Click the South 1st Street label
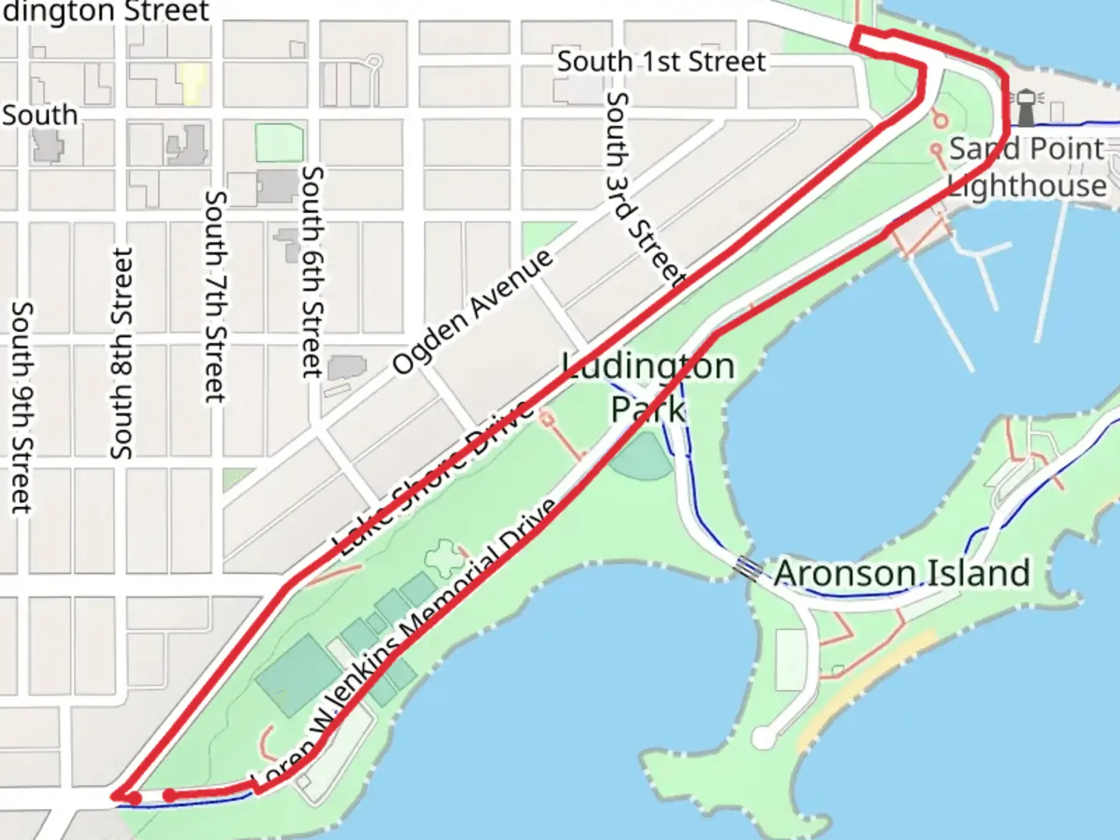tap(661, 61)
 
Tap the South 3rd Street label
tap(645, 190)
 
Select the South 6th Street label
tap(312, 271)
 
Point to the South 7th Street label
tap(215, 296)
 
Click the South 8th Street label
tap(122, 353)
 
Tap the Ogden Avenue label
tap(472, 311)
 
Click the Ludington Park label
tap(649, 387)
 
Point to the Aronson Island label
tap(902, 573)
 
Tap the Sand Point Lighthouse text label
tap(1027, 167)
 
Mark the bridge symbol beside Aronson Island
tap(748, 569)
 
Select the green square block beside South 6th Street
tap(278, 143)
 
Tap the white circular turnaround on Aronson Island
tap(765, 737)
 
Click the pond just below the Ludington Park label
tap(641, 457)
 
